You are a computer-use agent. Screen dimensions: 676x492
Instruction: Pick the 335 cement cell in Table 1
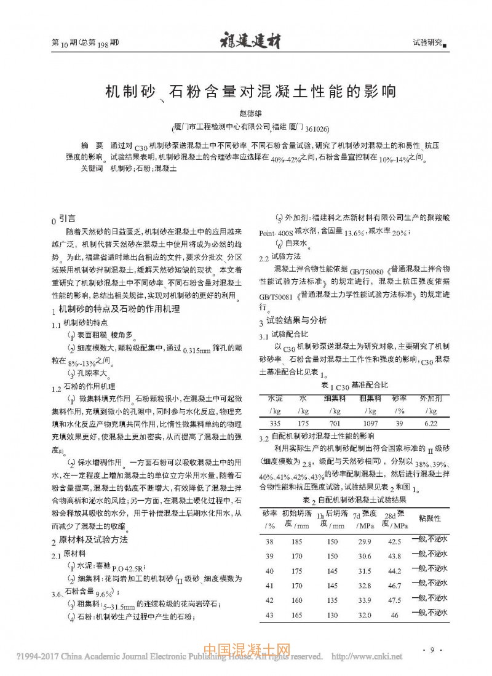click(275, 424)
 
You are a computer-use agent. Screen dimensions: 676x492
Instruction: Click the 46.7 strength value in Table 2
click(394, 586)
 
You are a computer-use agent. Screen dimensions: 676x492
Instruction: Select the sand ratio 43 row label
click(269, 615)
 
